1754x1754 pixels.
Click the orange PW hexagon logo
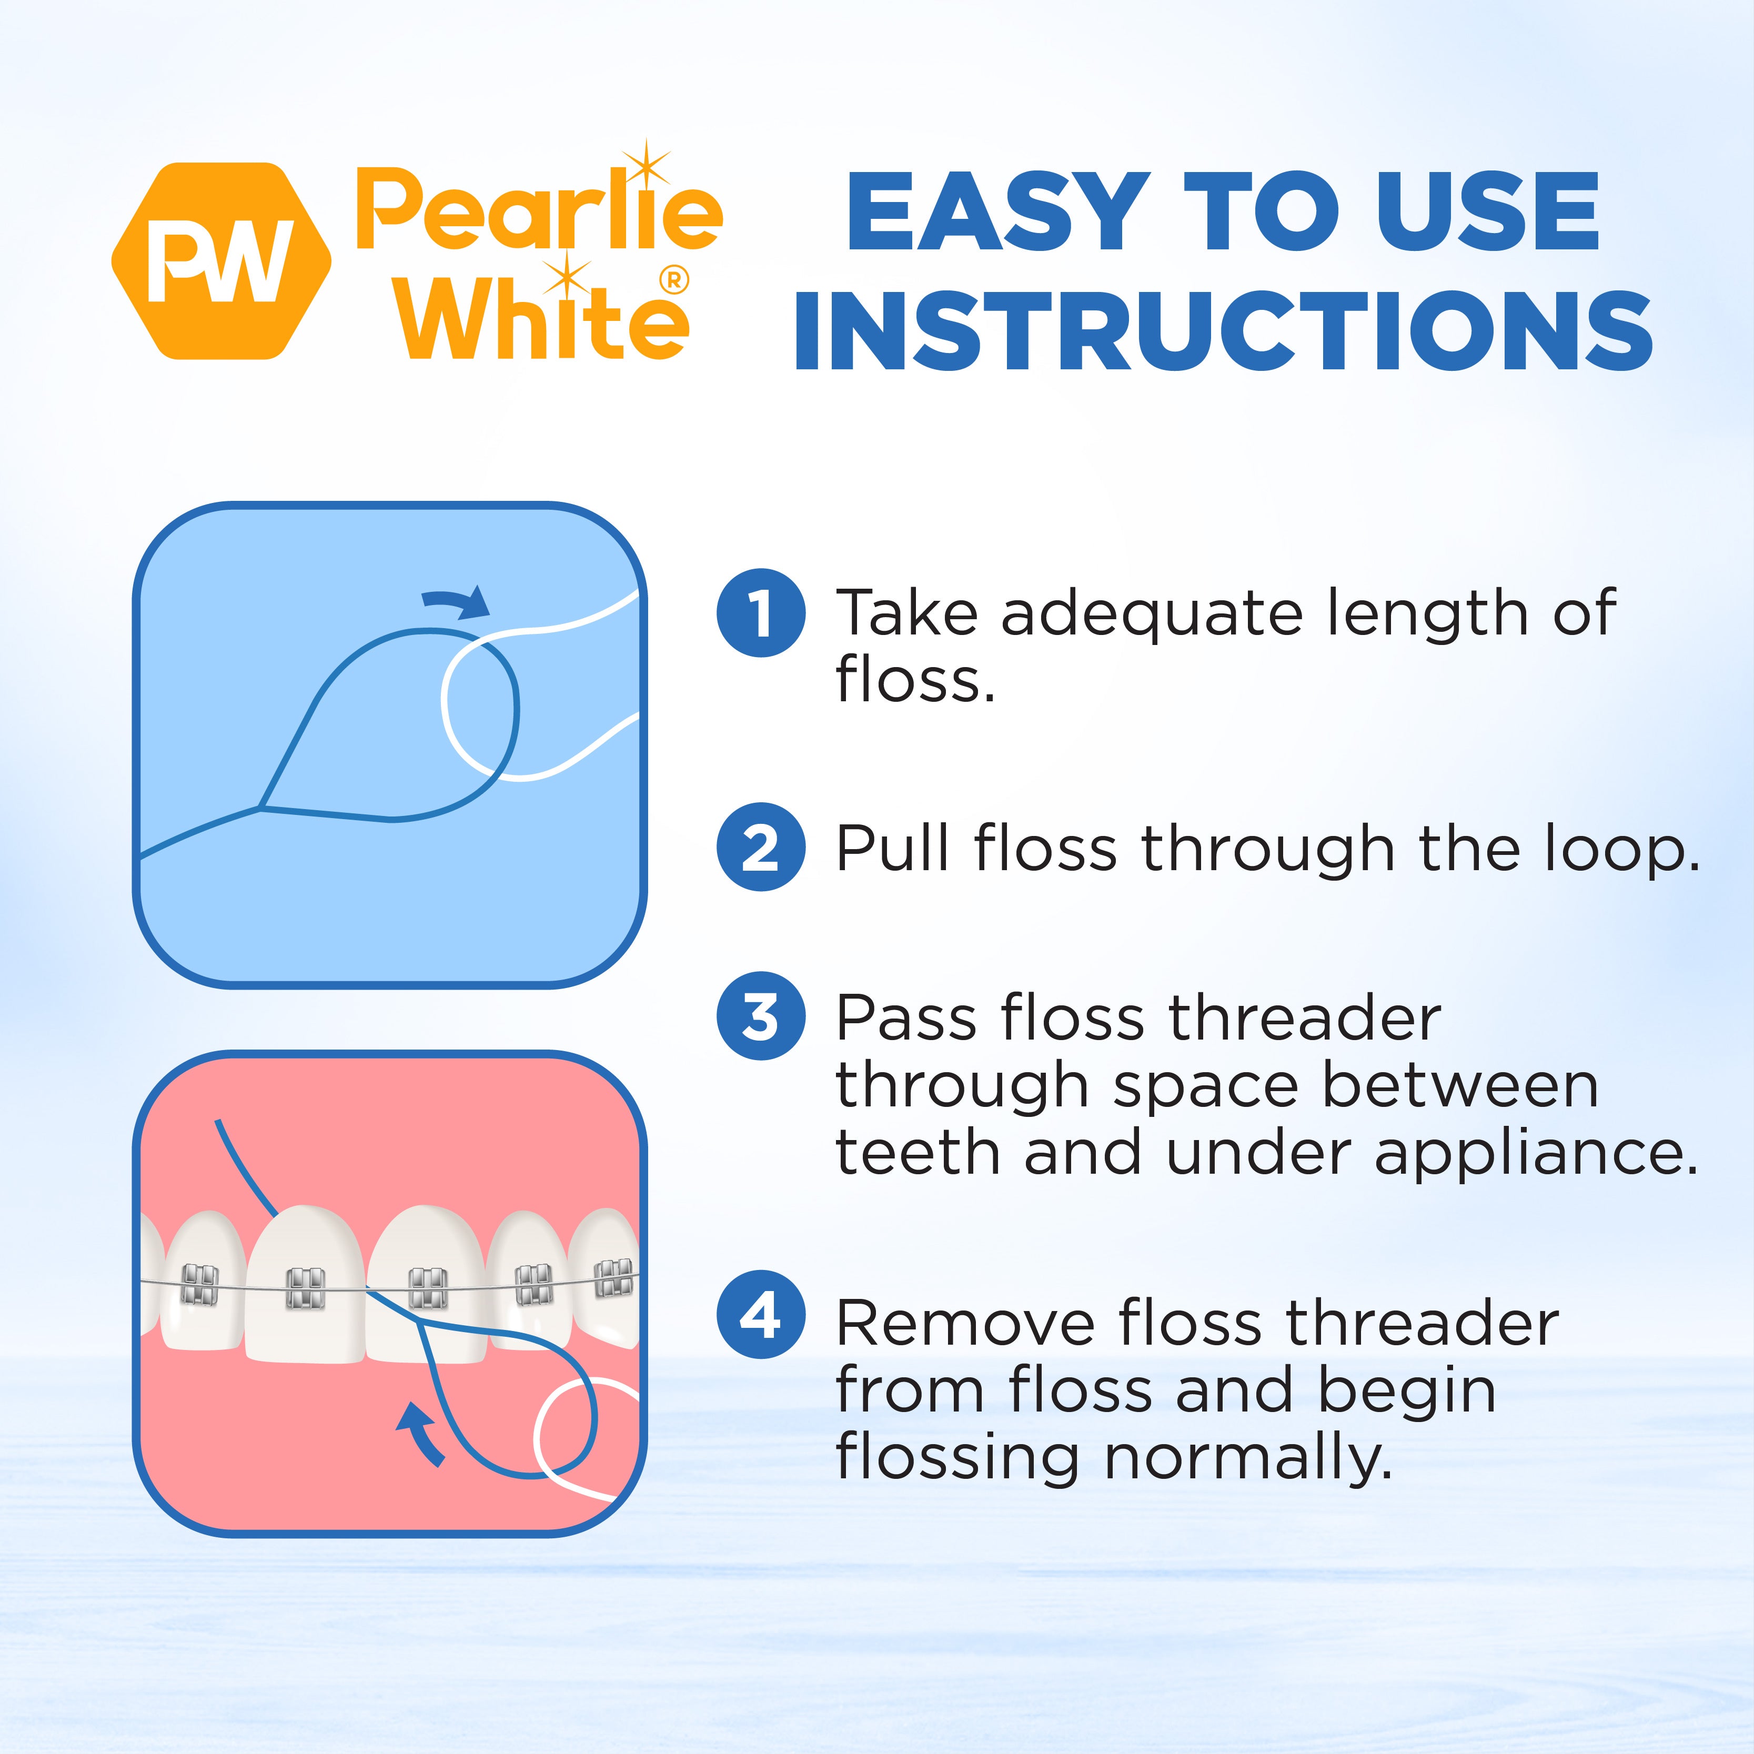(220, 261)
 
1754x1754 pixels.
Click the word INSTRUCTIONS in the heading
(1222, 332)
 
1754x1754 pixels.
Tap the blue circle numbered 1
(761, 613)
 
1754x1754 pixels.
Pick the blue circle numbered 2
(761, 847)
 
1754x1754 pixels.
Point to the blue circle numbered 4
(761, 1314)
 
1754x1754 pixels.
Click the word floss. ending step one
(914, 680)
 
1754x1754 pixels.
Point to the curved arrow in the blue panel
(458, 602)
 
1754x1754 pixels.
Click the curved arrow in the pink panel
(421, 1433)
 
